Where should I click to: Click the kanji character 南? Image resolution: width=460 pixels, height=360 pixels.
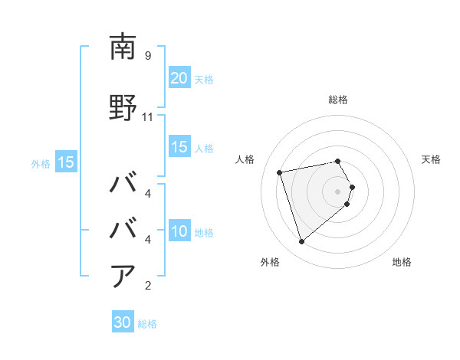click(x=123, y=47)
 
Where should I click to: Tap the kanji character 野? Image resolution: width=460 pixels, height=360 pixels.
click(x=123, y=107)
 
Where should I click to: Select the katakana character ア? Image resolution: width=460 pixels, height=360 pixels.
click(x=123, y=275)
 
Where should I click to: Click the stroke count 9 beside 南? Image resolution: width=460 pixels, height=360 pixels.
click(x=147, y=56)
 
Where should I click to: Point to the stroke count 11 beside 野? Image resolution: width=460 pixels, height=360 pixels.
click(x=148, y=117)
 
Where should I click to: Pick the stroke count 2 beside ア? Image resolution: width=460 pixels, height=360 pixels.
click(x=147, y=286)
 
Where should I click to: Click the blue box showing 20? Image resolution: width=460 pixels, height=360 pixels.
click(x=179, y=78)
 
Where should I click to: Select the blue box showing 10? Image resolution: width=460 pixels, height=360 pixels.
click(x=179, y=231)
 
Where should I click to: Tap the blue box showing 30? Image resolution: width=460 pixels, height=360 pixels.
click(x=123, y=322)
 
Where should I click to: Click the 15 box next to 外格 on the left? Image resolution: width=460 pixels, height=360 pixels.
click(x=65, y=162)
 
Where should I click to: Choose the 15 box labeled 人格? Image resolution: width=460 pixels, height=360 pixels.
click(x=179, y=147)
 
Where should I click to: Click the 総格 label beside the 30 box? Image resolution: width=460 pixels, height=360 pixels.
click(x=147, y=324)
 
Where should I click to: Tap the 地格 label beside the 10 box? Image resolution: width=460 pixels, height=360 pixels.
click(x=204, y=232)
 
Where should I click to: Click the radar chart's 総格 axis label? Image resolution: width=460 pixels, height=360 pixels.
click(x=338, y=100)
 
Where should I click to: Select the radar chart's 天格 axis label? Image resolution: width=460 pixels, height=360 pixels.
click(x=431, y=159)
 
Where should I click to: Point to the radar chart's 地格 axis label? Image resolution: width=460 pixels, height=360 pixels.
click(x=402, y=262)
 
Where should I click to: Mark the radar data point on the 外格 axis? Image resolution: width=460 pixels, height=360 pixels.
click(x=301, y=241)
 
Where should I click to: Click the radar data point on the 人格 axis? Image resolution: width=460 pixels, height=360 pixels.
click(x=280, y=172)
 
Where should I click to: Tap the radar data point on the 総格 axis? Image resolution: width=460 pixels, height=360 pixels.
click(x=338, y=162)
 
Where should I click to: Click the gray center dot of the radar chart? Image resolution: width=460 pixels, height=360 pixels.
click(x=338, y=191)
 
